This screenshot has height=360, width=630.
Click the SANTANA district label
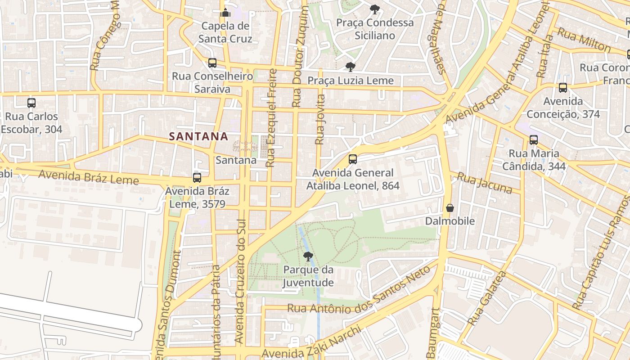click(198, 136)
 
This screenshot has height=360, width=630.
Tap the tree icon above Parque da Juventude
click(308, 257)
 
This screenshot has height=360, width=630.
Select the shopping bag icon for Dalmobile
click(450, 208)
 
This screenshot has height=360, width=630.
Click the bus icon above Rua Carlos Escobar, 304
click(31, 103)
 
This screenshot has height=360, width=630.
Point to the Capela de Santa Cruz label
click(225, 32)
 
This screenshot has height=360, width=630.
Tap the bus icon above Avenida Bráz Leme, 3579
click(197, 178)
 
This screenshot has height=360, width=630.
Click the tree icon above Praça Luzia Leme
click(350, 67)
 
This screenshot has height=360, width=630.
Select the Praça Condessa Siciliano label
click(375, 29)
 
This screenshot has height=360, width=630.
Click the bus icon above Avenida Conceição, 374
click(563, 88)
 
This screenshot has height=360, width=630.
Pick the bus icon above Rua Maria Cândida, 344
click(534, 140)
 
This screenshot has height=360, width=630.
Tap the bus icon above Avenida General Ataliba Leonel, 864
click(353, 159)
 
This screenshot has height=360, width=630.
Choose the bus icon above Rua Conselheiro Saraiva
click(212, 63)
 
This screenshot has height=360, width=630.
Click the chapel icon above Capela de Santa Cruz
click(226, 12)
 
